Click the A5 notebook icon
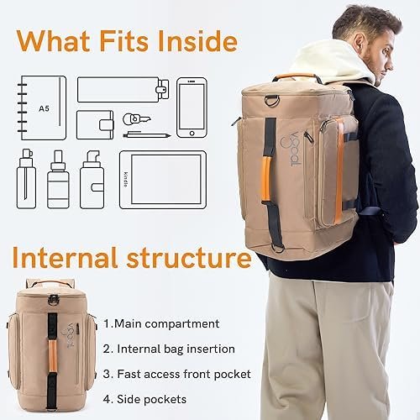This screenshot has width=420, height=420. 42,108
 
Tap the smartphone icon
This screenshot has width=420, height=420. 192,108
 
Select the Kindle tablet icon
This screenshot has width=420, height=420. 163,180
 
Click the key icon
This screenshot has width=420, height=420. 136,119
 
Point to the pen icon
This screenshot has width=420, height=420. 147,135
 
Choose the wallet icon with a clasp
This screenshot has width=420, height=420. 95,125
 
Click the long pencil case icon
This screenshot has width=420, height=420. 123,90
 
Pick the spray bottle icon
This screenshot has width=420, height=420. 26,179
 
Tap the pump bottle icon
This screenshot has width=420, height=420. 92,180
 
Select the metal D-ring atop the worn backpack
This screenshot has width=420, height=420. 271,101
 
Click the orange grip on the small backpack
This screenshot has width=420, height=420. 52,356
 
